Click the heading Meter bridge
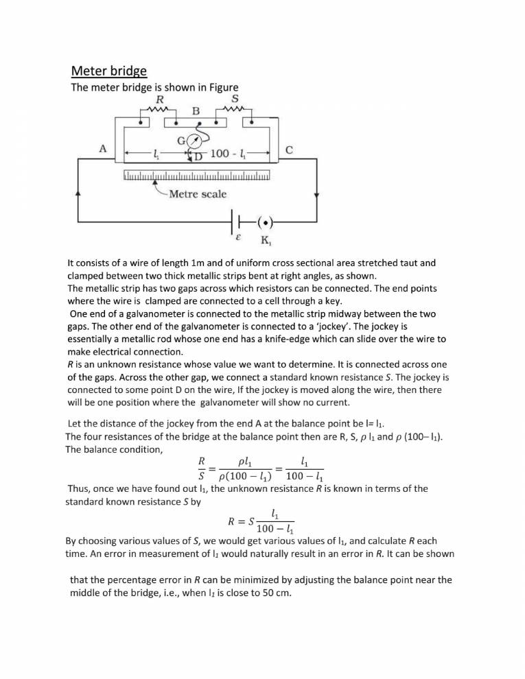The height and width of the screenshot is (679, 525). click(x=109, y=71)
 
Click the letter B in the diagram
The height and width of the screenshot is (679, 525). click(x=196, y=110)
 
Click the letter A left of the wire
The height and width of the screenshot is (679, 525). click(x=102, y=148)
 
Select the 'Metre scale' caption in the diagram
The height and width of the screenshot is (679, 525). click(x=198, y=194)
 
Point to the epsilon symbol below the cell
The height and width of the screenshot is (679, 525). click(x=238, y=240)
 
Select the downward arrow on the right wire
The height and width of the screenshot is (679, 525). click(x=316, y=195)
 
